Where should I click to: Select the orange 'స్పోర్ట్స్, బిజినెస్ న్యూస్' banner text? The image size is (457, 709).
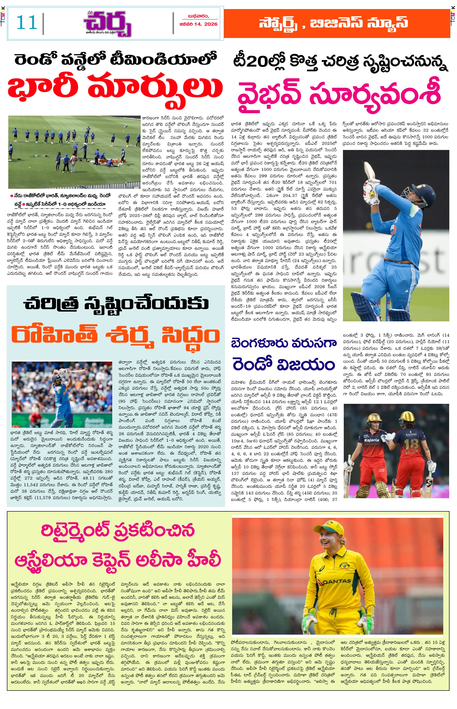333,23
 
